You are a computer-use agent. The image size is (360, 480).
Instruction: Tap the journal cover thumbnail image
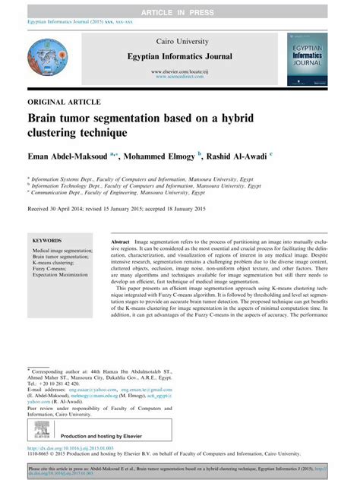(313, 58)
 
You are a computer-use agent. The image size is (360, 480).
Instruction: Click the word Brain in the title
(47, 119)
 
